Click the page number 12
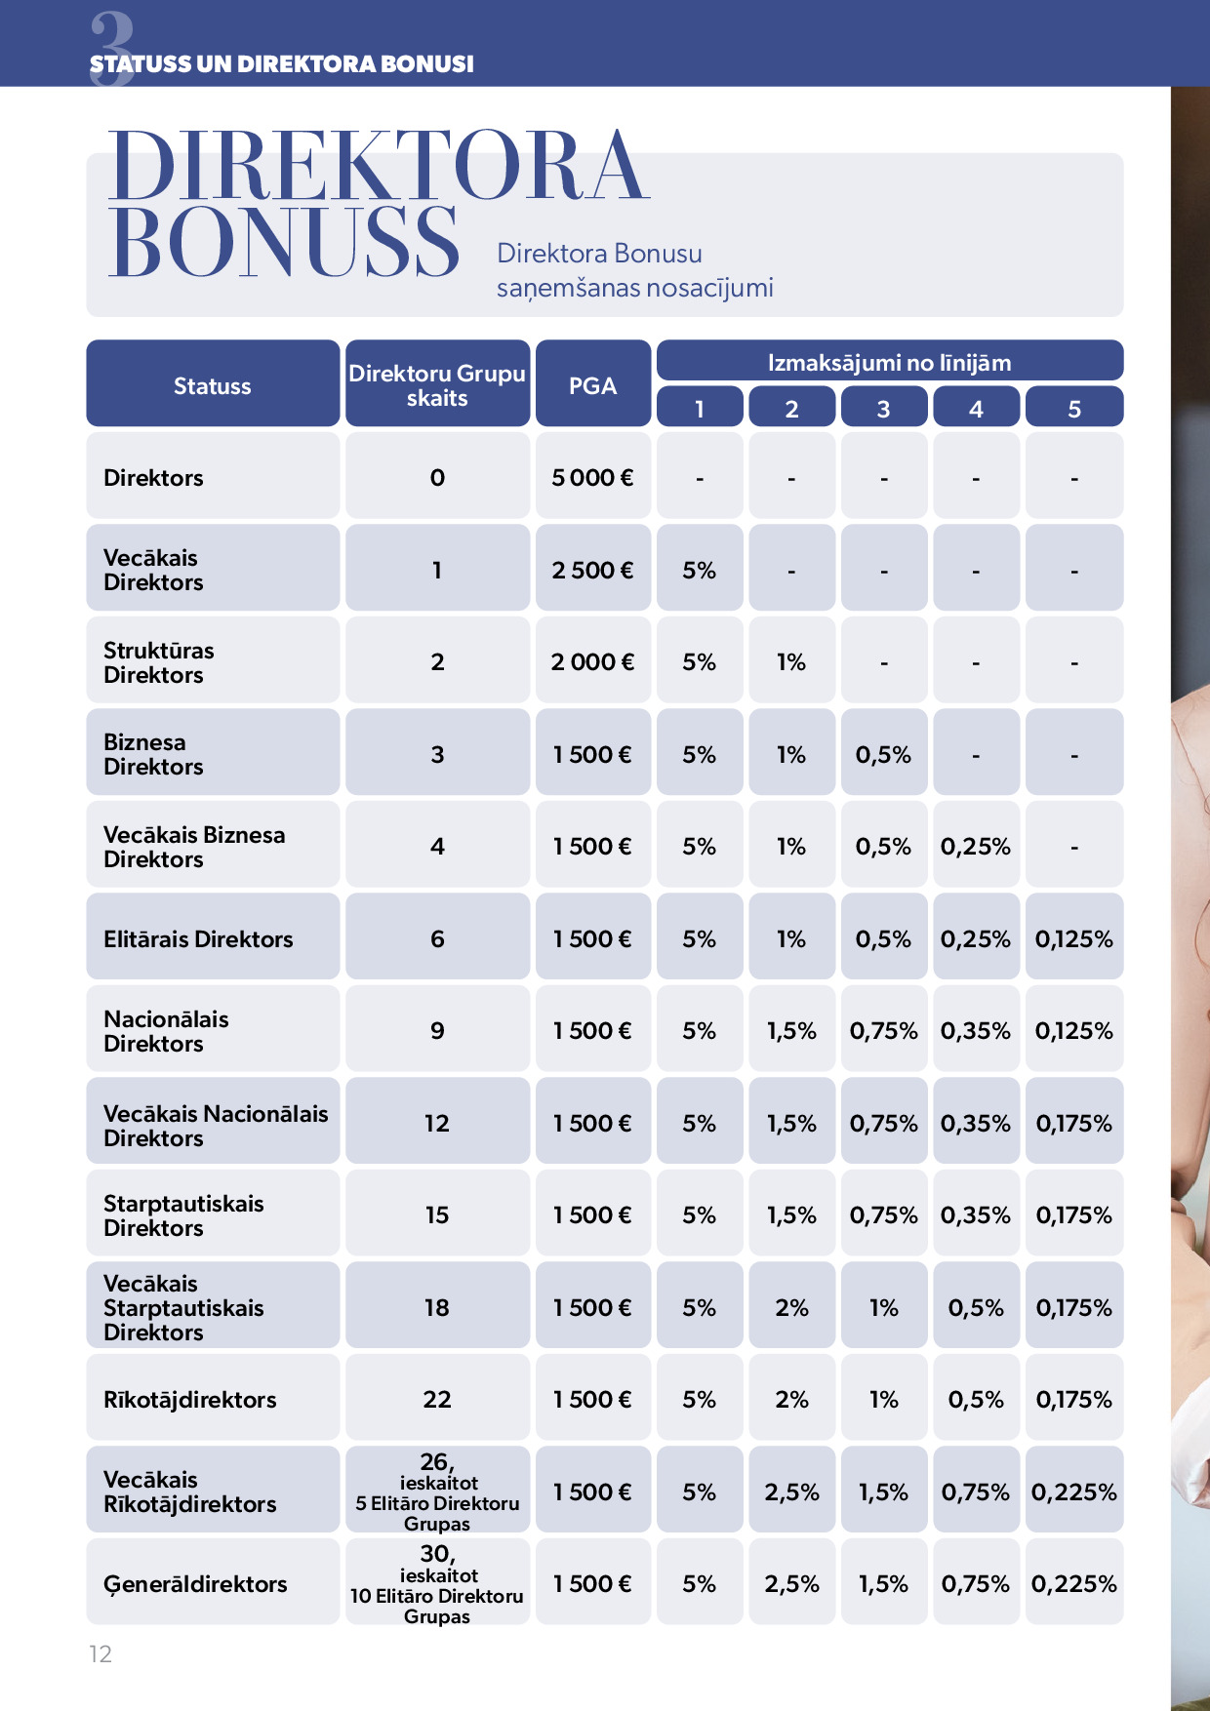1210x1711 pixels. point(101,1653)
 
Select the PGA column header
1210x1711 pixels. point(592,385)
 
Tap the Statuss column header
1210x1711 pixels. point(213,385)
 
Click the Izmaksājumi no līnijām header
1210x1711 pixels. point(889,363)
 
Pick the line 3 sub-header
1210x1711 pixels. point(883,409)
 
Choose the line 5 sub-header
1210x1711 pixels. point(1073,409)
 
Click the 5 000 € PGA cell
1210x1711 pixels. point(592,477)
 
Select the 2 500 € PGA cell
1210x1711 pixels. point(592,570)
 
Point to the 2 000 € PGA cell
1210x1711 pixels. point(592,661)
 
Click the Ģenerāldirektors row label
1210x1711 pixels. point(195,1583)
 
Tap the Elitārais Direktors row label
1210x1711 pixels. point(198,938)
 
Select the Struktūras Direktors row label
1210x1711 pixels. point(158,662)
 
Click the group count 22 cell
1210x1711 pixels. point(437,1399)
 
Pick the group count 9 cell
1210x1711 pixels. point(437,1030)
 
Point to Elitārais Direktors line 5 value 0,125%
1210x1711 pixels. point(1073,938)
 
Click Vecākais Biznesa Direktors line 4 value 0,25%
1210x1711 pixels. point(975,846)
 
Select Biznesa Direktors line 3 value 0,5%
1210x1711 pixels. point(883,754)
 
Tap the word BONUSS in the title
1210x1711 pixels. point(283,242)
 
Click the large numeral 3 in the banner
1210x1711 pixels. point(112,44)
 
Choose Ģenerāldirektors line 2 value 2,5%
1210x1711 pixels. point(791,1583)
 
